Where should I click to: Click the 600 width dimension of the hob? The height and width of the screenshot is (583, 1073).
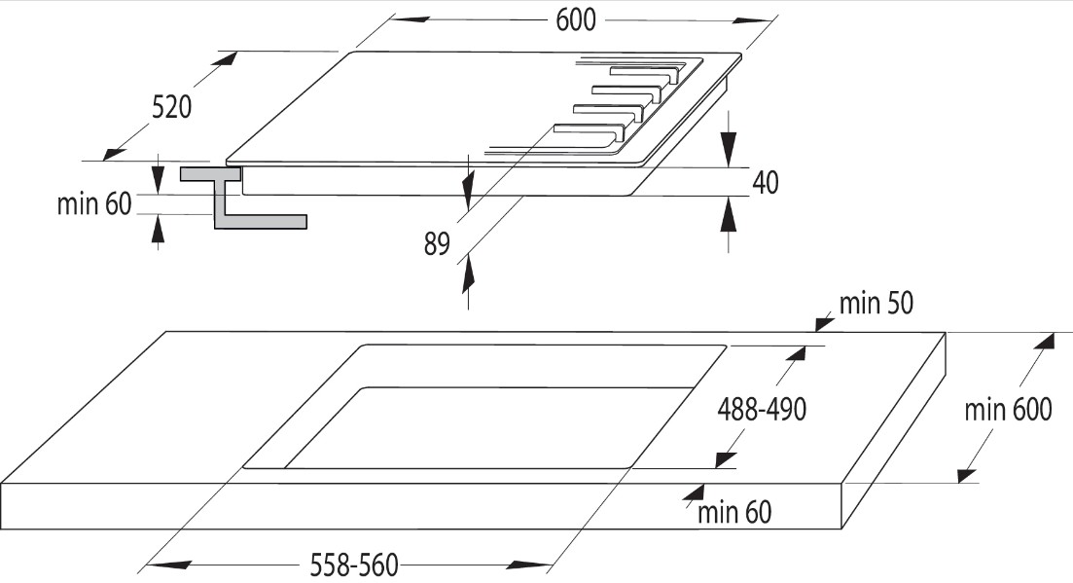tap(576, 19)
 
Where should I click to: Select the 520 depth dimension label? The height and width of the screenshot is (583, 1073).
tap(171, 107)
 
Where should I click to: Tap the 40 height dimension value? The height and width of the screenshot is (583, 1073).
tap(766, 182)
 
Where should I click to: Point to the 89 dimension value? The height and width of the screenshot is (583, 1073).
tap(437, 243)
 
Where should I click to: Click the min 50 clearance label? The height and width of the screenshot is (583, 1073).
tap(876, 303)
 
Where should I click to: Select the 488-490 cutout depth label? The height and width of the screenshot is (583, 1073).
tap(762, 409)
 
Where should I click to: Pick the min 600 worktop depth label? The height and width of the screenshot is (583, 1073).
tap(1008, 409)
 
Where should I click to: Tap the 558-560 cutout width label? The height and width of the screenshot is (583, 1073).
tap(354, 565)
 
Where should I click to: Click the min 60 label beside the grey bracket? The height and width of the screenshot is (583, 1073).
tap(93, 203)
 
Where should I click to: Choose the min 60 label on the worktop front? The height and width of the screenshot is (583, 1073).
tap(734, 512)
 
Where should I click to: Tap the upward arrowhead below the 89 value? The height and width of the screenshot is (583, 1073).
tap(468, 273)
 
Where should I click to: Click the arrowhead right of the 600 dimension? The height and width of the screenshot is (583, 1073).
tap(754, 19)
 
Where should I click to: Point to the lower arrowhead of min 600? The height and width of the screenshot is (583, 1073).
tap(968, 474)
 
